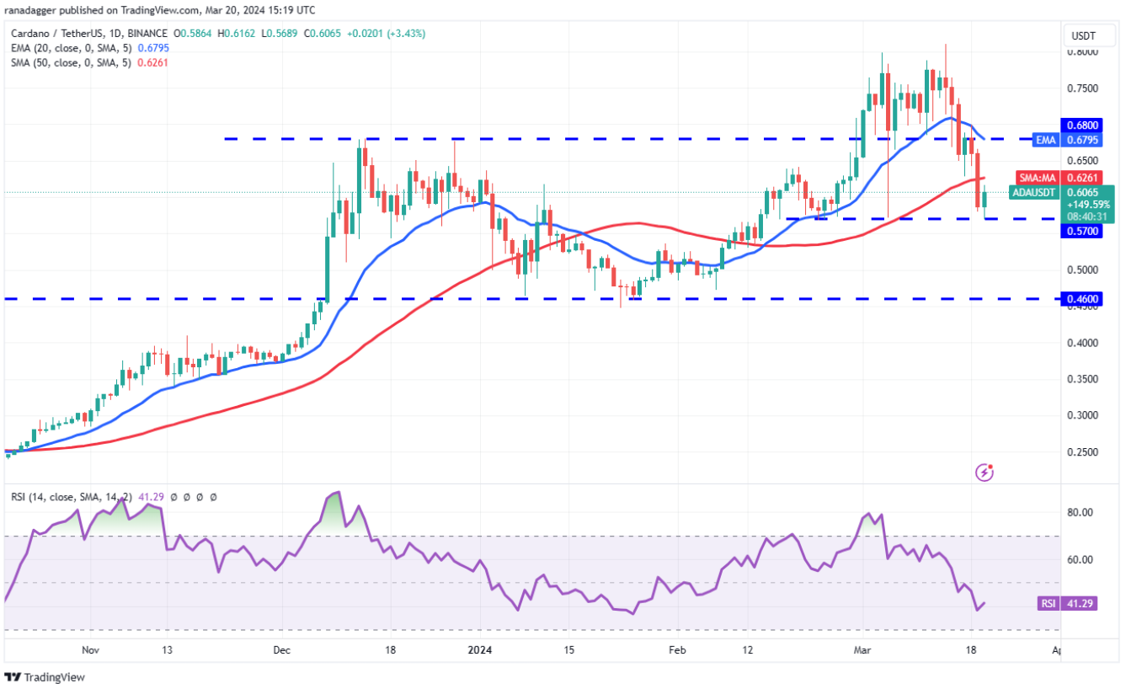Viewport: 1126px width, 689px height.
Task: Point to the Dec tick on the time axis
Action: [x=281, y=650]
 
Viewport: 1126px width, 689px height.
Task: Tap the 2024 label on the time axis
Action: [x=479, y=650]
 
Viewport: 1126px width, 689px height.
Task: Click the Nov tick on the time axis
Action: [x=91, y=650]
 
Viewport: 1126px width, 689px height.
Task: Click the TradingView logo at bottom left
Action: [x=45, y=677]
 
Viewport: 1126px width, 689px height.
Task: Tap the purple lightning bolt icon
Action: [x=984, y=473]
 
